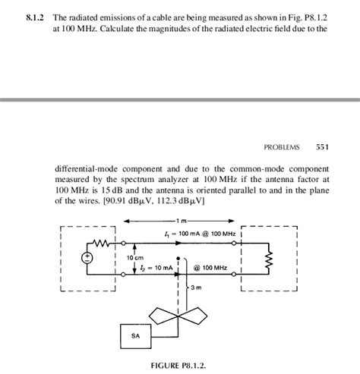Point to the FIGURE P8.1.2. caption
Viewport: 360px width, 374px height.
[180, 364]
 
